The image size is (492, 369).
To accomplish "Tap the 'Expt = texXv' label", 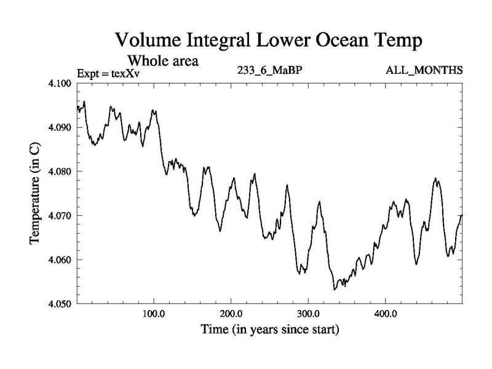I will point(109,74).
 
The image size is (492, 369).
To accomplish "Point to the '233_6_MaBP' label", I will point(269,71).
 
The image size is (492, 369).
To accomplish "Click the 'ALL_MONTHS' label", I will point(424,71).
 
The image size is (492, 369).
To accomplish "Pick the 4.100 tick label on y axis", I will point(60,84).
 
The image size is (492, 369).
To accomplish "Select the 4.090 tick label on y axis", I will point(60,128).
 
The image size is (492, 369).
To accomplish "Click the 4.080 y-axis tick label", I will point(60,172).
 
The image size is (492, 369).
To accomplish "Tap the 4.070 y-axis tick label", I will point(60,216).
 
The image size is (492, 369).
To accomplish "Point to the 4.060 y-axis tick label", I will point(60,260).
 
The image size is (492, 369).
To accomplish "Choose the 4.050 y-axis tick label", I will point(60,304).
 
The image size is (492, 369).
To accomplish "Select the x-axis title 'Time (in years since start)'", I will point(269,330).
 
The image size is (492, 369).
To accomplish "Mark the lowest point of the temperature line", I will point(335,289).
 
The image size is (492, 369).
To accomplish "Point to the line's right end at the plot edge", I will point(461,215).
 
